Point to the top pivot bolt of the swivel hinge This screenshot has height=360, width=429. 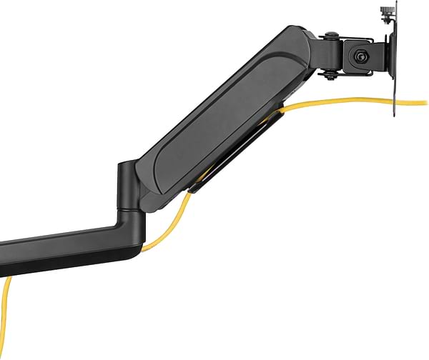(x=330, y=36)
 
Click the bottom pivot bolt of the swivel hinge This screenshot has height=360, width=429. (x=331, y=74)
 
